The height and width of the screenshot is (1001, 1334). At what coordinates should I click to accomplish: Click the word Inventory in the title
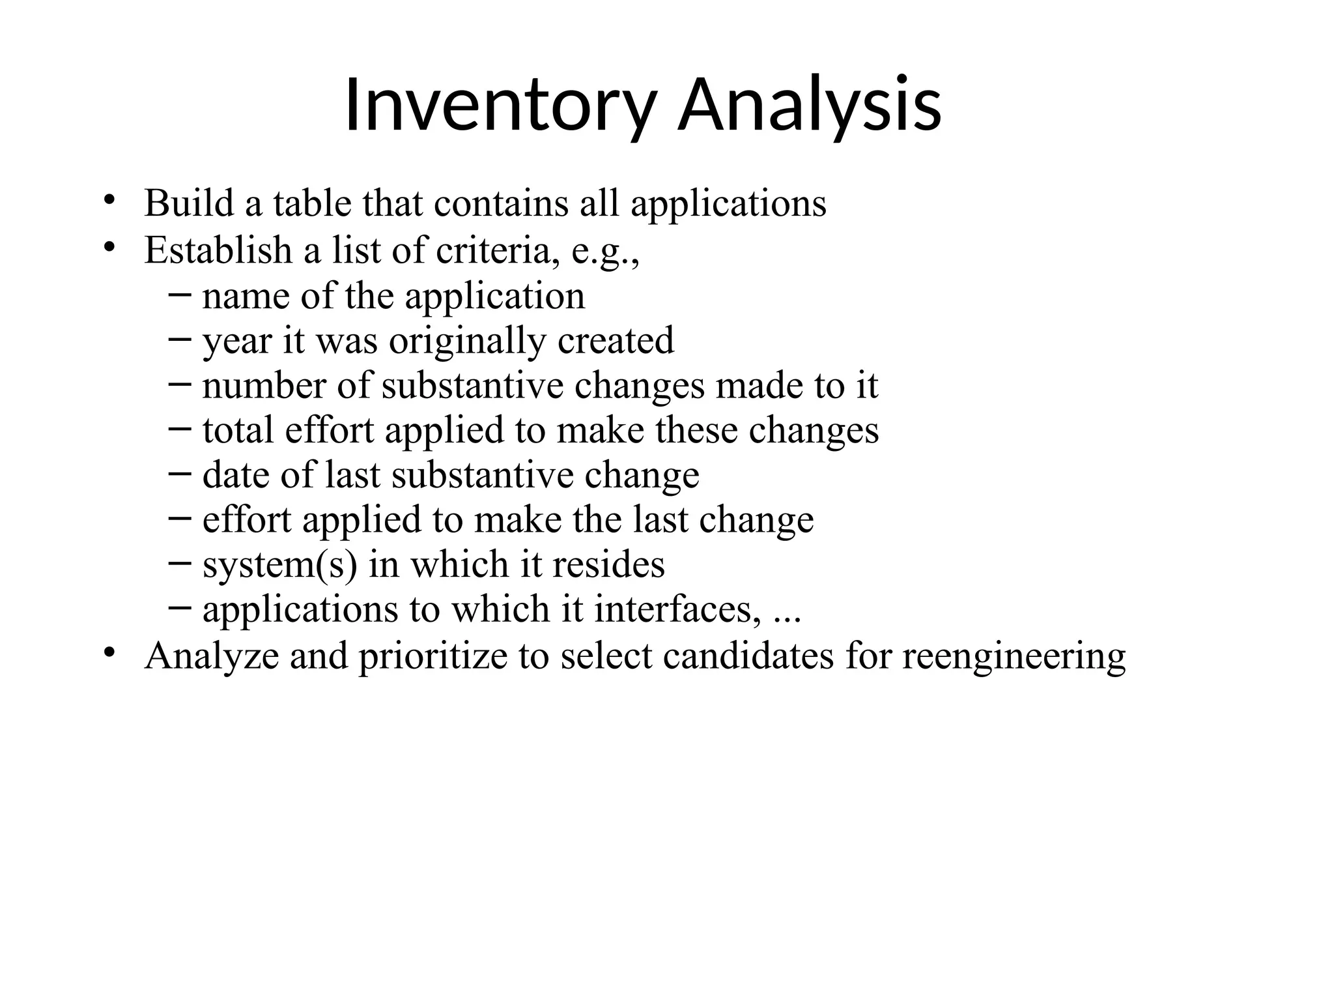coord(498,106)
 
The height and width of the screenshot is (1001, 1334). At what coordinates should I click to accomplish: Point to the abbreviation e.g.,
coord(605,251)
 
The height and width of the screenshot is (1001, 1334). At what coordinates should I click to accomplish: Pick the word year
coord(237,341)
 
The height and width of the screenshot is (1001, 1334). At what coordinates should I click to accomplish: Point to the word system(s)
coord(280,564)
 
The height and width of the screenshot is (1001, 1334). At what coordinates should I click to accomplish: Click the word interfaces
coord(677,609)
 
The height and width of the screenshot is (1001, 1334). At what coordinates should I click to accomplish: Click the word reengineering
coord(1014,656)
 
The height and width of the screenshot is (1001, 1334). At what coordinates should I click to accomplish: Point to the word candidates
coord(748,656)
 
